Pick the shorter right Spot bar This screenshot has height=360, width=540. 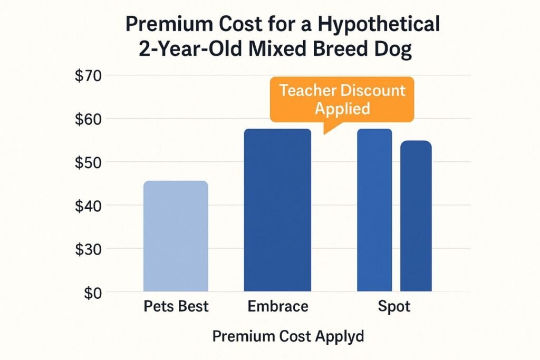(x=416, y=216)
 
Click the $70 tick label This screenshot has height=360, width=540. (x=91, y=75)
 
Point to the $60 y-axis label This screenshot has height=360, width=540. (x=91, y=119)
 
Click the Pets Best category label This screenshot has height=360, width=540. (x=176, y=306)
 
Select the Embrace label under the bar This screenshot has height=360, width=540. (x=277, y=306)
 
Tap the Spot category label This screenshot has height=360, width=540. (x=394, y=306)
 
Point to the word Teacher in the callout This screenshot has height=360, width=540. (x=309, y=90)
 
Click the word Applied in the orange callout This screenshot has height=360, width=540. (x=342, y=108)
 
